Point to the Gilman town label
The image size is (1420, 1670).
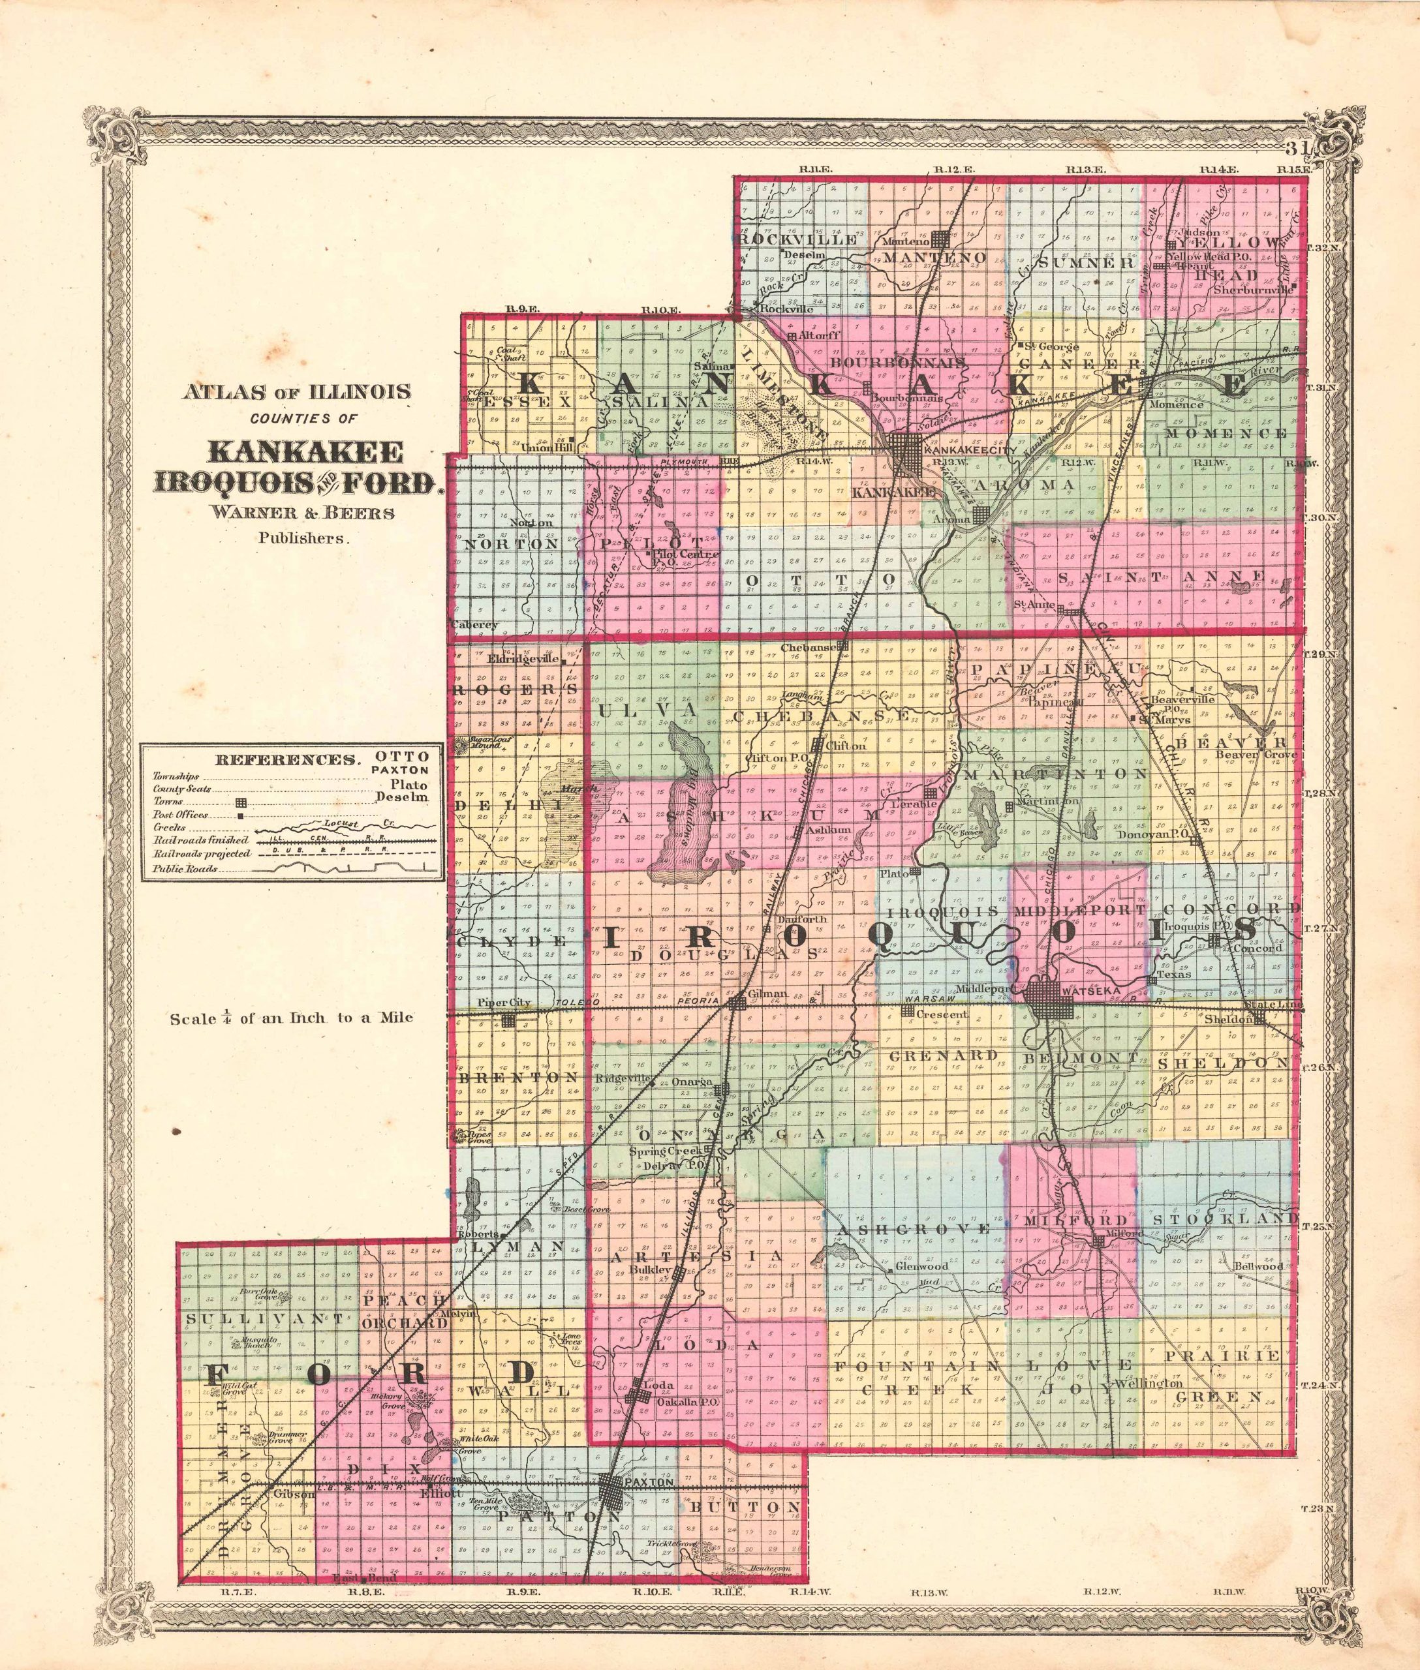pos(766,995)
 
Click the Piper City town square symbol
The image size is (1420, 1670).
pos(508,1020)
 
